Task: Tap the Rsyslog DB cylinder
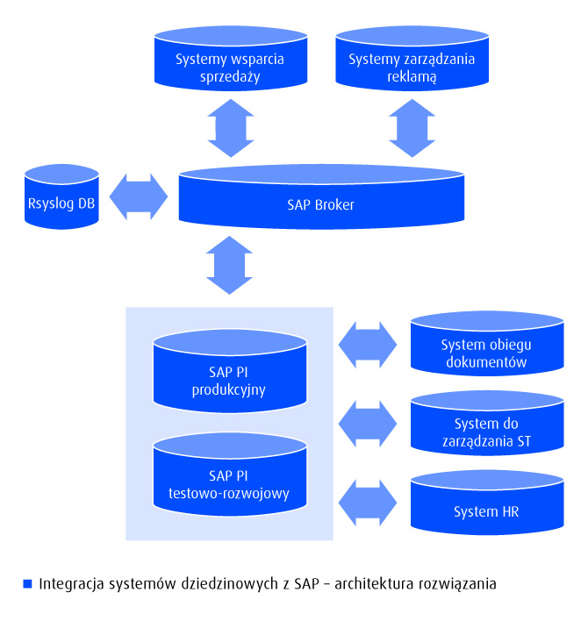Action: coord(62,196)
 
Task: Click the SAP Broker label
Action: coord(321,205)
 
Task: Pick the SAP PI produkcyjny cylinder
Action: coord(230,374)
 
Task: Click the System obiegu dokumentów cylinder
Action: coord(486,346)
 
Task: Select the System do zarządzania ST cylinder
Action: coord(486,426)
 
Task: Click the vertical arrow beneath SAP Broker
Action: coord(230,265)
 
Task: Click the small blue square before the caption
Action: coord(27,583)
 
